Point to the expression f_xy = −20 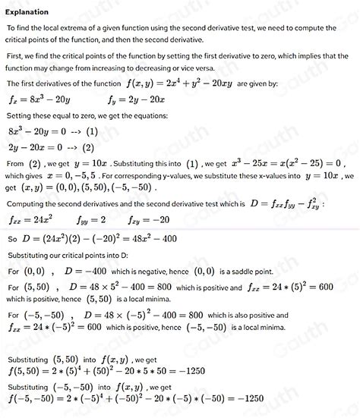[149, 221]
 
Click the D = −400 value [87, 271]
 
